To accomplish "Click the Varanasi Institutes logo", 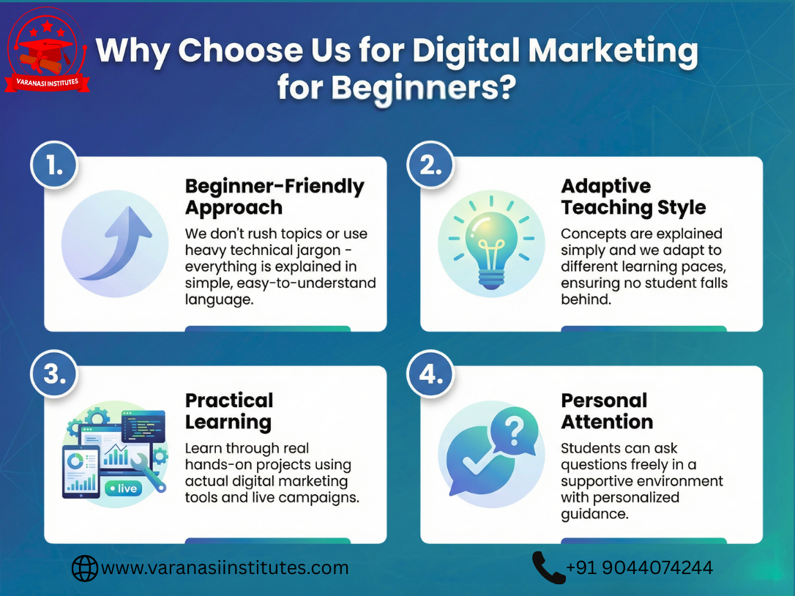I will point(48,50).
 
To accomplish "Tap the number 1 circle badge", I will point(54,165).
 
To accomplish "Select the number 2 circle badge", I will point(430,165).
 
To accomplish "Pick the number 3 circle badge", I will point(54,375).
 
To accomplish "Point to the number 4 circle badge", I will point(430,375).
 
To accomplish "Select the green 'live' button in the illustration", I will point(122,488).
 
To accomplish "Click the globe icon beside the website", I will point(85,567).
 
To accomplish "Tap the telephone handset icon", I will point(548,567).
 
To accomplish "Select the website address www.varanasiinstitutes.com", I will point(225,567).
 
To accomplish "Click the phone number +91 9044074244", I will point(639,567).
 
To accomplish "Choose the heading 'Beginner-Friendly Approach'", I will point(275,197).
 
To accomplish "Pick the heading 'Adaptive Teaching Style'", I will point(633,197).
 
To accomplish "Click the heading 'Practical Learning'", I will point(229,411).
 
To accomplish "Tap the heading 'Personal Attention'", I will point(607,411).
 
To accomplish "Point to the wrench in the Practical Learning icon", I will point(152,469).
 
